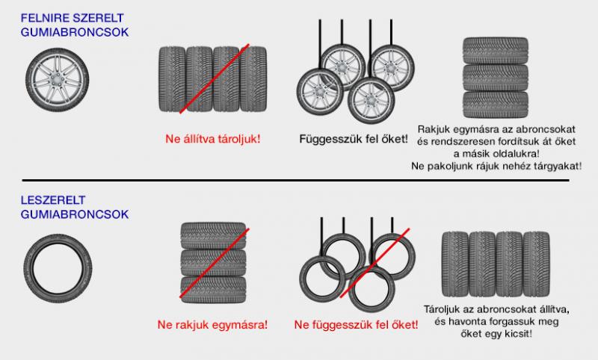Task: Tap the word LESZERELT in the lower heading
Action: click(x=52, y=200)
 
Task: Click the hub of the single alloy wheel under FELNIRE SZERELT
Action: click(x=58, y=80)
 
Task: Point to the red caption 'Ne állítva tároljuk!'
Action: click(x=212, y=139)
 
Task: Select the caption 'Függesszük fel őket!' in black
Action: click(x=353, y=139)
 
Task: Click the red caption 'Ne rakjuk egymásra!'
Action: click(x=212, y=325)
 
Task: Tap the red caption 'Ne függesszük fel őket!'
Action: click(x=356, y=325)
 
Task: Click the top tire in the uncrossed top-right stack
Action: click(x=496, y=50)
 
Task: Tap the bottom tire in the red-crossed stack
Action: click(x=213, y=290)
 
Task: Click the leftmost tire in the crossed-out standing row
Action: click(x=172, y=79)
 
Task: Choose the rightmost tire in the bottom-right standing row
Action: click(x=536, y=264)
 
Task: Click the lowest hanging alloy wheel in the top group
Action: click(x=371, y=101)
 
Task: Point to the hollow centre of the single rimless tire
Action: click(x=58, y=269)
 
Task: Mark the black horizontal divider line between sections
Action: click(x=295, y=180)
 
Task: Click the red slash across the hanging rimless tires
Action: click(x=374, y=263)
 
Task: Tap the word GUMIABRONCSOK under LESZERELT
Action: click(x=74, y=214)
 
